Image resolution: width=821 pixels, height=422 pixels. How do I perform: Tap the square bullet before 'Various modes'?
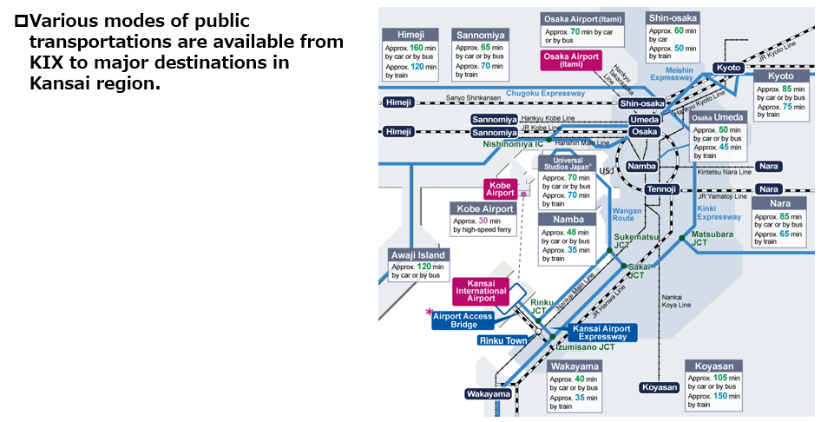[x=20, y=20]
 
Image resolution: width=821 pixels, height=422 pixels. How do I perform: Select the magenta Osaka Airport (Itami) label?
[x=570, y=60]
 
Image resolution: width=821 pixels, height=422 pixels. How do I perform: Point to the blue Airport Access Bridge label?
[x=463, y=320]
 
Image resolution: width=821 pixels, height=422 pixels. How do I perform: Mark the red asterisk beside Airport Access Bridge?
[x=429, y=313]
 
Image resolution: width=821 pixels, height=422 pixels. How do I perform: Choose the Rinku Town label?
[x=502, y=340]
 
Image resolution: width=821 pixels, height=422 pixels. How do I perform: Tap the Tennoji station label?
[x=661, y=189]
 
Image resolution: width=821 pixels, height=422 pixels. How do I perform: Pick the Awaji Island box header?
[x=417, y=255]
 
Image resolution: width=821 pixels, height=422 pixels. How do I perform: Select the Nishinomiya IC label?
[x=513, y=144]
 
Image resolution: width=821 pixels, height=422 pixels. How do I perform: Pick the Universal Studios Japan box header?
[x=567, y=164]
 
